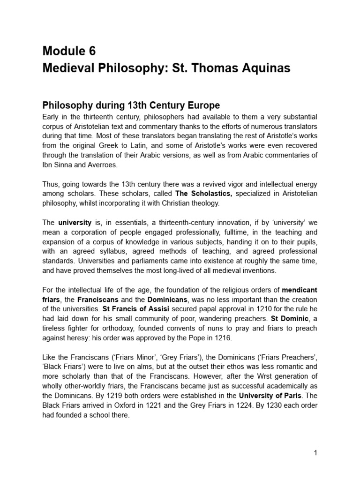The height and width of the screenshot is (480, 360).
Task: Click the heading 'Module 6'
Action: [69, 51]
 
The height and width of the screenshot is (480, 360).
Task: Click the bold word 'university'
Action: [75, 222]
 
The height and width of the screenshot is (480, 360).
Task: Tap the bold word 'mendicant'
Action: [299, 289]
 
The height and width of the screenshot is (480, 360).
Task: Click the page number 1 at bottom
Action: [316, 453]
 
